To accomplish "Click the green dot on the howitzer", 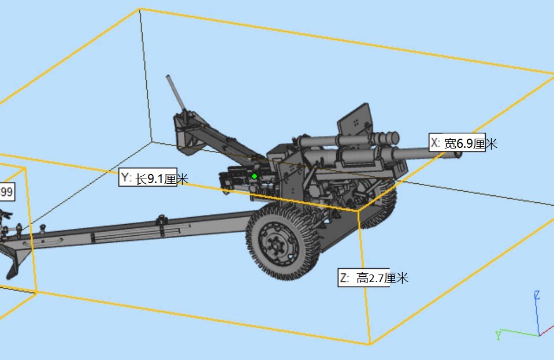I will [x=254, y=176].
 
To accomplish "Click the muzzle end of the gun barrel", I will [x=456, y=154].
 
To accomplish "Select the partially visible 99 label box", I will [x=6, y=191].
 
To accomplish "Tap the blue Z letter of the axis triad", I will [x=537, y=295].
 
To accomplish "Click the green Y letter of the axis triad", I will [x=498, y=335].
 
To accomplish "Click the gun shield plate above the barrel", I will [x=355, y=121].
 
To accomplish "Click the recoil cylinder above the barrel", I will [x=347, y=140].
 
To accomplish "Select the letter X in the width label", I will [x=435, y=143].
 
